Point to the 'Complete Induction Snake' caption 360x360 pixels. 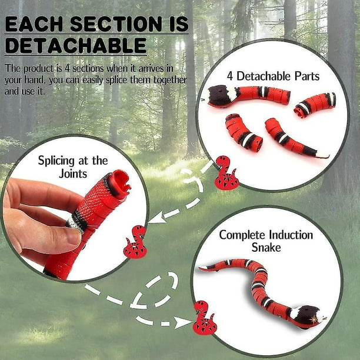click(266, 241)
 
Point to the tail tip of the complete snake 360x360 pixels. click(204, 268)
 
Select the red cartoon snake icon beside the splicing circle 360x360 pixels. click(135, 242)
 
